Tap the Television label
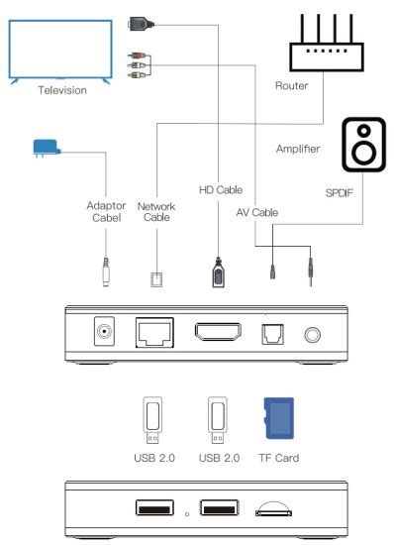62,90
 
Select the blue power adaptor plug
44,148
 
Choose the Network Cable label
157,213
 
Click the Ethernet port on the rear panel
153,332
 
